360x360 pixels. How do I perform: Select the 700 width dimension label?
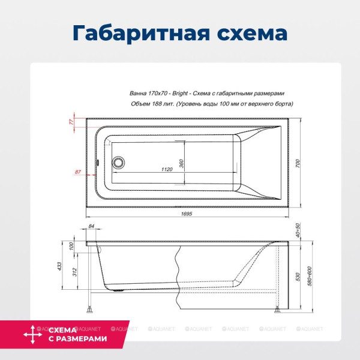pos(297,163)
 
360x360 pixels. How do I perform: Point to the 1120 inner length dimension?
pos(167,170)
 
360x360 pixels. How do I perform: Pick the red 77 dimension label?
pos(71,122)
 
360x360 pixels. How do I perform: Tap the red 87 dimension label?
pos(77,172)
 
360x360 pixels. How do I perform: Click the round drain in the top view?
pos(119,162)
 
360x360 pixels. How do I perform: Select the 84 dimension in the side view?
pos(91,226)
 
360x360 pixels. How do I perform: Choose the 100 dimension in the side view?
pos(70,247)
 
